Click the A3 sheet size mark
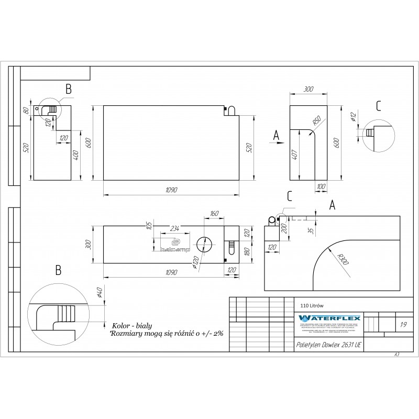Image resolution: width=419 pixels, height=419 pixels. pos(396,355)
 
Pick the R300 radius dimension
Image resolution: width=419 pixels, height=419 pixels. pos(343,258)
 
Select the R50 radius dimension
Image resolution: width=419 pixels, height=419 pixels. pos(317,121)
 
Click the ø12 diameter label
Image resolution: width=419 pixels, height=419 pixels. pos(353,118)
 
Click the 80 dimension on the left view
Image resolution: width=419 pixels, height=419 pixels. pos(25,111)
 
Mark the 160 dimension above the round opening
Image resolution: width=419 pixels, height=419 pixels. pos(213,214)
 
